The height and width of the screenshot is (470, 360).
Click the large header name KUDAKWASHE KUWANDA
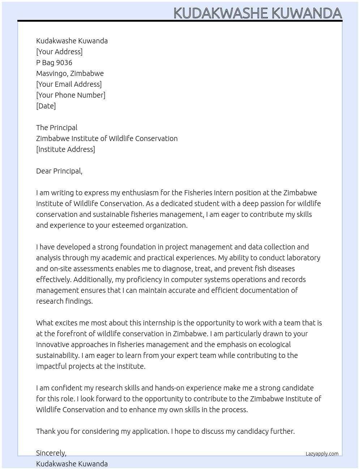(x=257, y=13)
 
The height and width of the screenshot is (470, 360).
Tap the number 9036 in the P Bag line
(x=64, y=63)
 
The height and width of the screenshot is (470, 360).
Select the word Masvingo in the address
(x=51, y=73)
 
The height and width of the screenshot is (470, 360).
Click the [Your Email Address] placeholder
(x=69, y=84)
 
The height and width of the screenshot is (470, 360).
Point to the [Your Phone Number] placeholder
(x=70, y=95)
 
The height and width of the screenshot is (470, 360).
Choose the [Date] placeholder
(x=46, y=106)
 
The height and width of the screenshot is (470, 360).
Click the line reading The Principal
(x=57, y=128)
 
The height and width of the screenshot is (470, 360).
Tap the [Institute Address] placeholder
(x=65, y=149)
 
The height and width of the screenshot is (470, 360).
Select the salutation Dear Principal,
(x=59, y=171)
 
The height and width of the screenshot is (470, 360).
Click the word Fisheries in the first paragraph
(x=198, y=193)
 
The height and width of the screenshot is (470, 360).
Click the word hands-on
(x=170, y=388)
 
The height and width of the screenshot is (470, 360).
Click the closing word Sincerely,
(x=51, y=453)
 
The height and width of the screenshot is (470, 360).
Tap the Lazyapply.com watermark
(x=322, y=454)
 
